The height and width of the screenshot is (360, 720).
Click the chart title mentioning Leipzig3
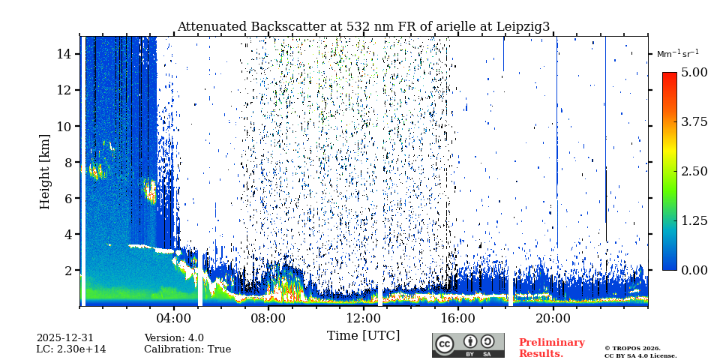point(363,27)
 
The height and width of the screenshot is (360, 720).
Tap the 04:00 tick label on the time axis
point(174,317)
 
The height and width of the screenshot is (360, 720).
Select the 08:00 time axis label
point(268,317)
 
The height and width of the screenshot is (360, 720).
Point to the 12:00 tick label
point(363,317)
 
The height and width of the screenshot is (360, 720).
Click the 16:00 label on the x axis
point(457,317)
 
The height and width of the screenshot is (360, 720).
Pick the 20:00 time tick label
point(553,317)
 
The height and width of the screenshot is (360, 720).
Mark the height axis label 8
point(67,162)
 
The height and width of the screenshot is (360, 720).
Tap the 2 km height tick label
point(67,270)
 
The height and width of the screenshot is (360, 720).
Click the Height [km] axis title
point(45,171)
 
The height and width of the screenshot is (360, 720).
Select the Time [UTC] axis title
point(363,335)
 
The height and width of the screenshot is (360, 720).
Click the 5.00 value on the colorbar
point(694,72)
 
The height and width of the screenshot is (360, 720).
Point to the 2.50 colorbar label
point(694,171)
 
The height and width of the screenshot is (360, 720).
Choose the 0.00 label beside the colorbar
point(694,270)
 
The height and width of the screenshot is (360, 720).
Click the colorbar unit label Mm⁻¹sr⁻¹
point(677,53)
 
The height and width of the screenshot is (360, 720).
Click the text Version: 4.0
point(174,338)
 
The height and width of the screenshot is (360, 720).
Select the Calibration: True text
point(187,349)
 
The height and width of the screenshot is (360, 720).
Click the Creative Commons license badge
point(468,345)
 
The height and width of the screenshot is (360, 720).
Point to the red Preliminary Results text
point(551,348)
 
